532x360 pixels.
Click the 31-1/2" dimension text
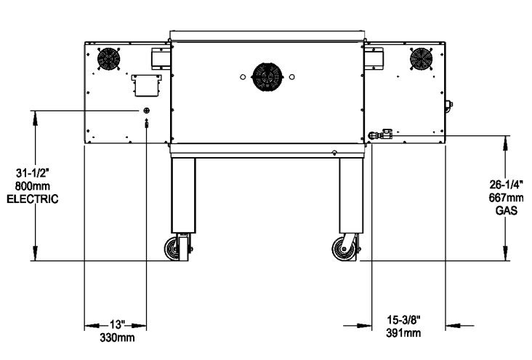(x=33, y=173)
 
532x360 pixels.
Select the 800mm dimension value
(x=33, y=185)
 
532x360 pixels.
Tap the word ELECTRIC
(x=33, y=199)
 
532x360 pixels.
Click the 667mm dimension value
(x=507, y=197)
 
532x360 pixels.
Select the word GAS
(x=507, y=210)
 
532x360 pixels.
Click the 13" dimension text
(x=116, y=324)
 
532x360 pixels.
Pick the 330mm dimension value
(x=117, y=337)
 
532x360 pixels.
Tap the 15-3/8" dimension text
(x=404, y=320)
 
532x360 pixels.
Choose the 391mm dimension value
(x=404, y=333)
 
